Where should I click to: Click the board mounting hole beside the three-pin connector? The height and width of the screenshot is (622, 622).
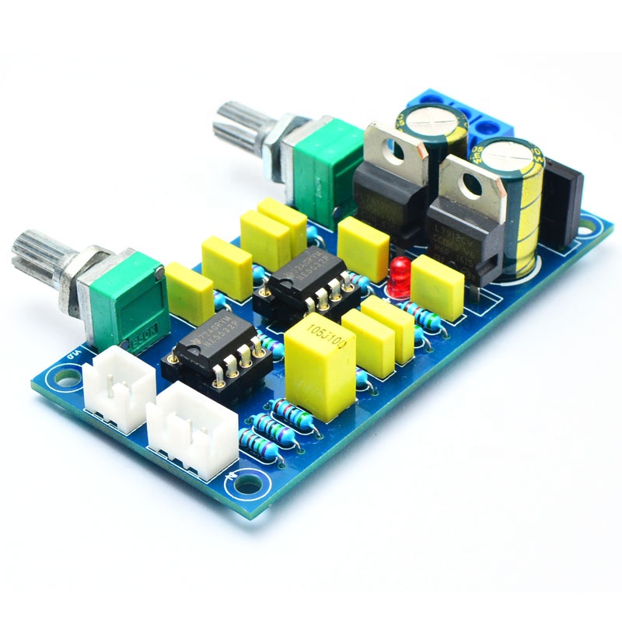[248, 483]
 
